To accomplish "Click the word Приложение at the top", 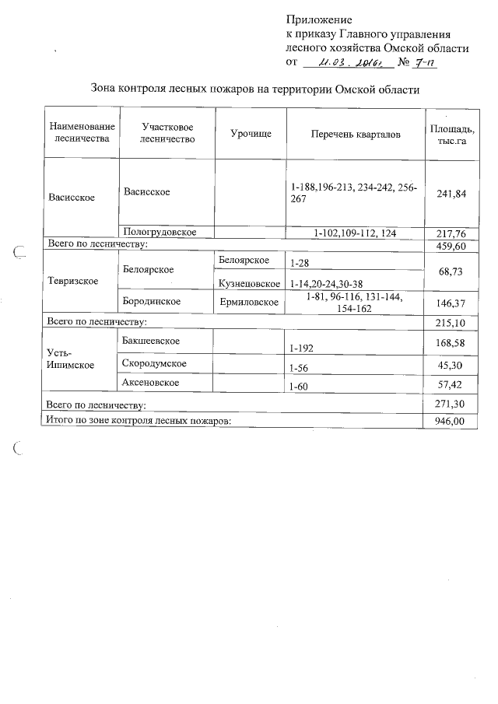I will coord(319,19).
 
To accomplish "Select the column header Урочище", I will coord(251,135).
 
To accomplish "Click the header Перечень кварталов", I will coord(356,135).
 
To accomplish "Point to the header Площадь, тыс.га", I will coord(452,135).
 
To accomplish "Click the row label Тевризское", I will coord(73,280).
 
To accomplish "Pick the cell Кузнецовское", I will coord(249,284).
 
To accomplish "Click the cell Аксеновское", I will coord(152,383).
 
